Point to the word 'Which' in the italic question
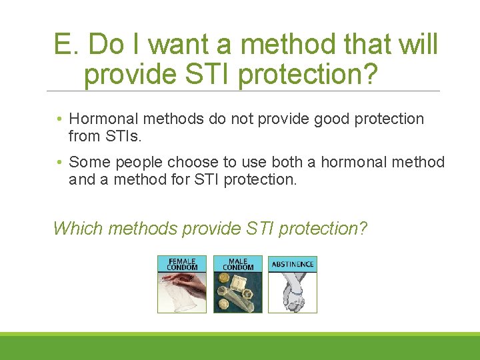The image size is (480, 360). [77, 229]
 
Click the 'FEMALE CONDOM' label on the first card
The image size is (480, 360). [182, 264]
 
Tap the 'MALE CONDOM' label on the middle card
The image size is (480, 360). [238, 264]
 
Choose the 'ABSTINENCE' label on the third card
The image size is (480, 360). [293, 265]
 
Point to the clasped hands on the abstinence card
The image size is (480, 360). [293, 293]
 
